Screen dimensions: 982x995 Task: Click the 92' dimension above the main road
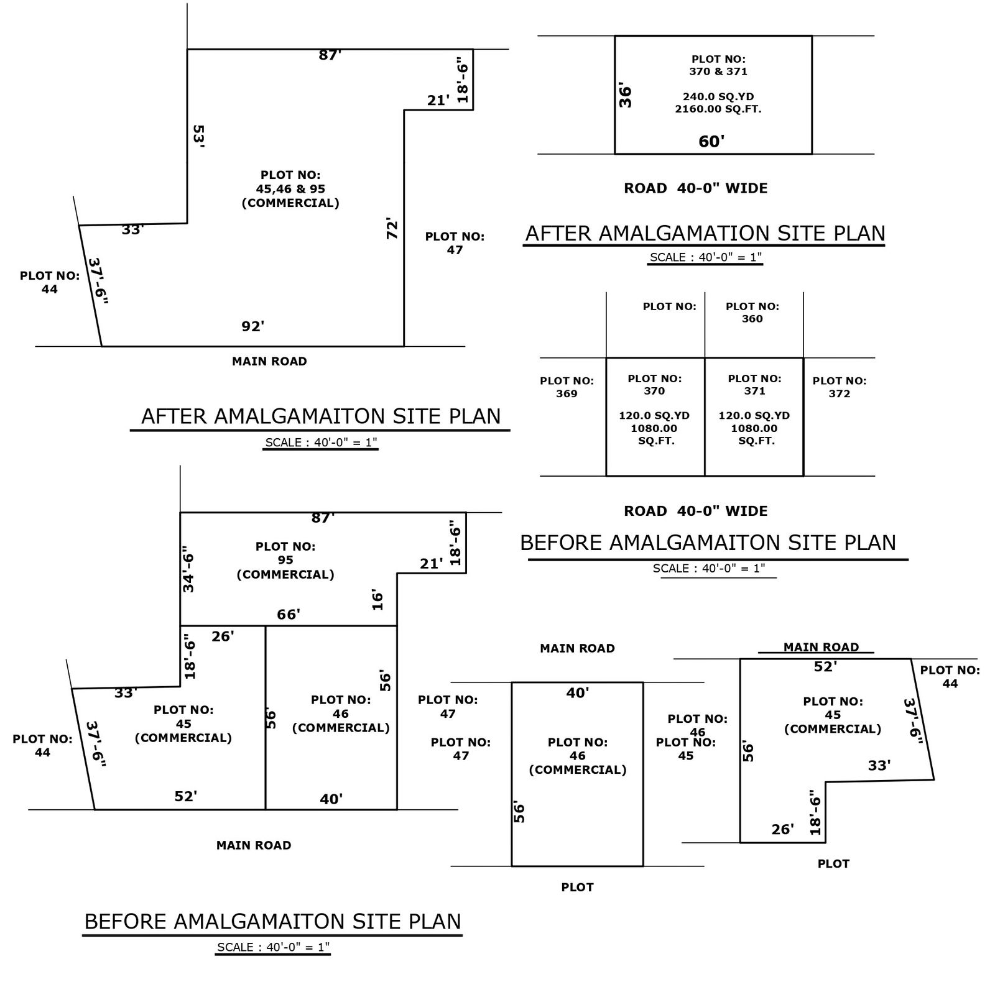pyautogui.click(x=253, y=326)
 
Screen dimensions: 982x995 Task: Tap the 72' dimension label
pyautogui.click(x=392, y=229)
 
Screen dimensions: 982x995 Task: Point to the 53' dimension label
pyautogui.click(x=198, y=136)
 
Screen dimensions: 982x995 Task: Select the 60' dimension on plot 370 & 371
pyautogui.click(x=711, y=142)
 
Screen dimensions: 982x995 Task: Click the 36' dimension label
pyautogui.click(x=626, y=96)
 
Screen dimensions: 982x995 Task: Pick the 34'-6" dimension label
pyautogui.click(x=188, y=572)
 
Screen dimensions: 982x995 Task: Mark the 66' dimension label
pyautogui.click(x=289, y=615)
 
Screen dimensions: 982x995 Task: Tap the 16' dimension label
pyautogui.click(x=377, y=600)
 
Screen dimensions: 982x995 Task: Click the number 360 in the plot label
pyautogui.click(x=752, y=319)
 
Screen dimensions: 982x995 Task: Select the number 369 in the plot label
pyautogui.click(x=567, y=393)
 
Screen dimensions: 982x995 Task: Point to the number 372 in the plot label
pyautogui.click(x=839, y=393)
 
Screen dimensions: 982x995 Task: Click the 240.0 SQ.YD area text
pyautogui.click(x=718, y=97)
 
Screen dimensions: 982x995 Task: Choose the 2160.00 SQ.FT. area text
pyautogui.click(x=718, y=109)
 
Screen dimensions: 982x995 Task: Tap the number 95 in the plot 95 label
pyautogui.click(x=285, y=560)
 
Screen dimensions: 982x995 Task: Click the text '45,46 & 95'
pyautogui.click(x=290, y=189)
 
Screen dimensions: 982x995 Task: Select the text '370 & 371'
pyautogui.click(x=718, y=71)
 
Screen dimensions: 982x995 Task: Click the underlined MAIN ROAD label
pyautogui.click(x=821, y=647)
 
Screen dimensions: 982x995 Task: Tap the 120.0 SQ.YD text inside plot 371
pyautogui.click(x=754, y=416)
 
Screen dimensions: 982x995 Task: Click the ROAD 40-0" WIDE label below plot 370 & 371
pyautogui.click(x=696, y=188)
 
